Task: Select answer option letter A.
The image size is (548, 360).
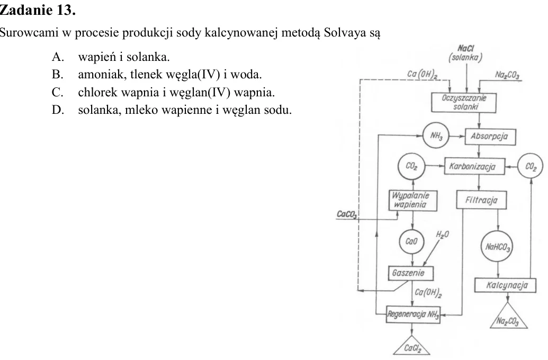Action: coord(58,57)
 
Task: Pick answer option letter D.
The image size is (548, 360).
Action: coord(58,110)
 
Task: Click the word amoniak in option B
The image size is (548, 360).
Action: coord(101,75)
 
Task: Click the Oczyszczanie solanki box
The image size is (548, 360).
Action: coord(463,102)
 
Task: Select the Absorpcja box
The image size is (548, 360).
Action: coord(490,136)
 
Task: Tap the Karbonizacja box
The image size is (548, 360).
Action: coord(474,166)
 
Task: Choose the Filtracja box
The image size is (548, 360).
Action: coord(481,200)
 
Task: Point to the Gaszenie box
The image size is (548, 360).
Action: coord(411,273)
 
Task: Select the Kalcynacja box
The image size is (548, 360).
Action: coord(505,285)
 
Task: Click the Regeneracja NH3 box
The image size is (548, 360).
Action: coord(413,314)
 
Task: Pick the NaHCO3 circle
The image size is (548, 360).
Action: coord(498,247)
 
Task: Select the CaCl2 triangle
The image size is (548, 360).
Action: coord(412,346)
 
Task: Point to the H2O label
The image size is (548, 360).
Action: coord(442,235)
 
